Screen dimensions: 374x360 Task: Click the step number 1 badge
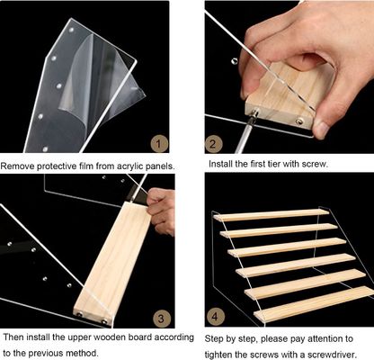click(159, 144)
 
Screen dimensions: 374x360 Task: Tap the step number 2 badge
click(213, 144)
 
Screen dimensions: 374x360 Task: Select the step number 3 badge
click(162, 319)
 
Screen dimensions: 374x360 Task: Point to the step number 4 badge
click(215, 317)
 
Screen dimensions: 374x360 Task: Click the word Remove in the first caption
click(17, 166)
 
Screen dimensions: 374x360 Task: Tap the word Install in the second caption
click(219, 164)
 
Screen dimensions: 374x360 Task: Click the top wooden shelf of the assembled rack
click(272, 215)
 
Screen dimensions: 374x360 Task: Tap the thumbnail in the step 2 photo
click(321, 129)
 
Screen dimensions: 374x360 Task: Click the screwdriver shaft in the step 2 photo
click(245, 133)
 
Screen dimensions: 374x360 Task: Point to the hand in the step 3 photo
click(162, 211)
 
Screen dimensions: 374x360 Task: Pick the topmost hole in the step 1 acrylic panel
click(71, 31)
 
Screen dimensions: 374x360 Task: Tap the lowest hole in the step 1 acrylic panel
click(45, 148)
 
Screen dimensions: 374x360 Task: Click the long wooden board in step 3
click(113, 264)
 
